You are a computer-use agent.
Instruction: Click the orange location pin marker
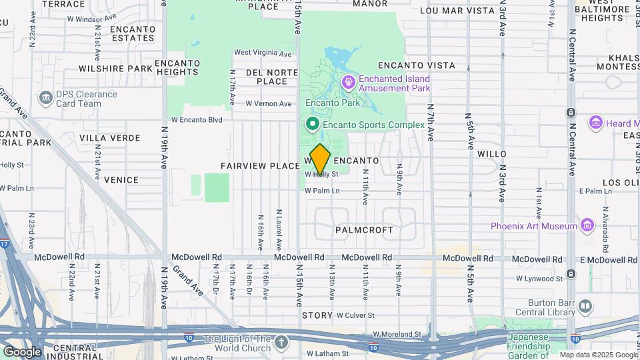[320, 159]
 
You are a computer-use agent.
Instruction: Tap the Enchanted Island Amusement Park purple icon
[348, 83]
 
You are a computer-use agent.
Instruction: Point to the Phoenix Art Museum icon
[587, 226]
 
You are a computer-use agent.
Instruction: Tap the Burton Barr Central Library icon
[585, 306]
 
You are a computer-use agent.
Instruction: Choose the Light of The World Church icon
[281, 343]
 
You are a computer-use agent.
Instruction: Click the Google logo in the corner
[22, 352]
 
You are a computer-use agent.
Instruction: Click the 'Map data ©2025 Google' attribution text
[598, 355]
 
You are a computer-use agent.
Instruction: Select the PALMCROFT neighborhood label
[364, 229]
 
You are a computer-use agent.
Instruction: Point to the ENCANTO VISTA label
[416, 65]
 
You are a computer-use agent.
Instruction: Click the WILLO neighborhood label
[492, 154]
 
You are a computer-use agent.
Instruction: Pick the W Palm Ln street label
[322, 191]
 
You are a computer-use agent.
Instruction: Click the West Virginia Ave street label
[263, 53]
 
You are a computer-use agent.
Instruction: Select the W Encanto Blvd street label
[196, 120]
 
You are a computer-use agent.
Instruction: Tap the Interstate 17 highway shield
[5, 245]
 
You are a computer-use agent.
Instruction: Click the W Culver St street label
[355, 315]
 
